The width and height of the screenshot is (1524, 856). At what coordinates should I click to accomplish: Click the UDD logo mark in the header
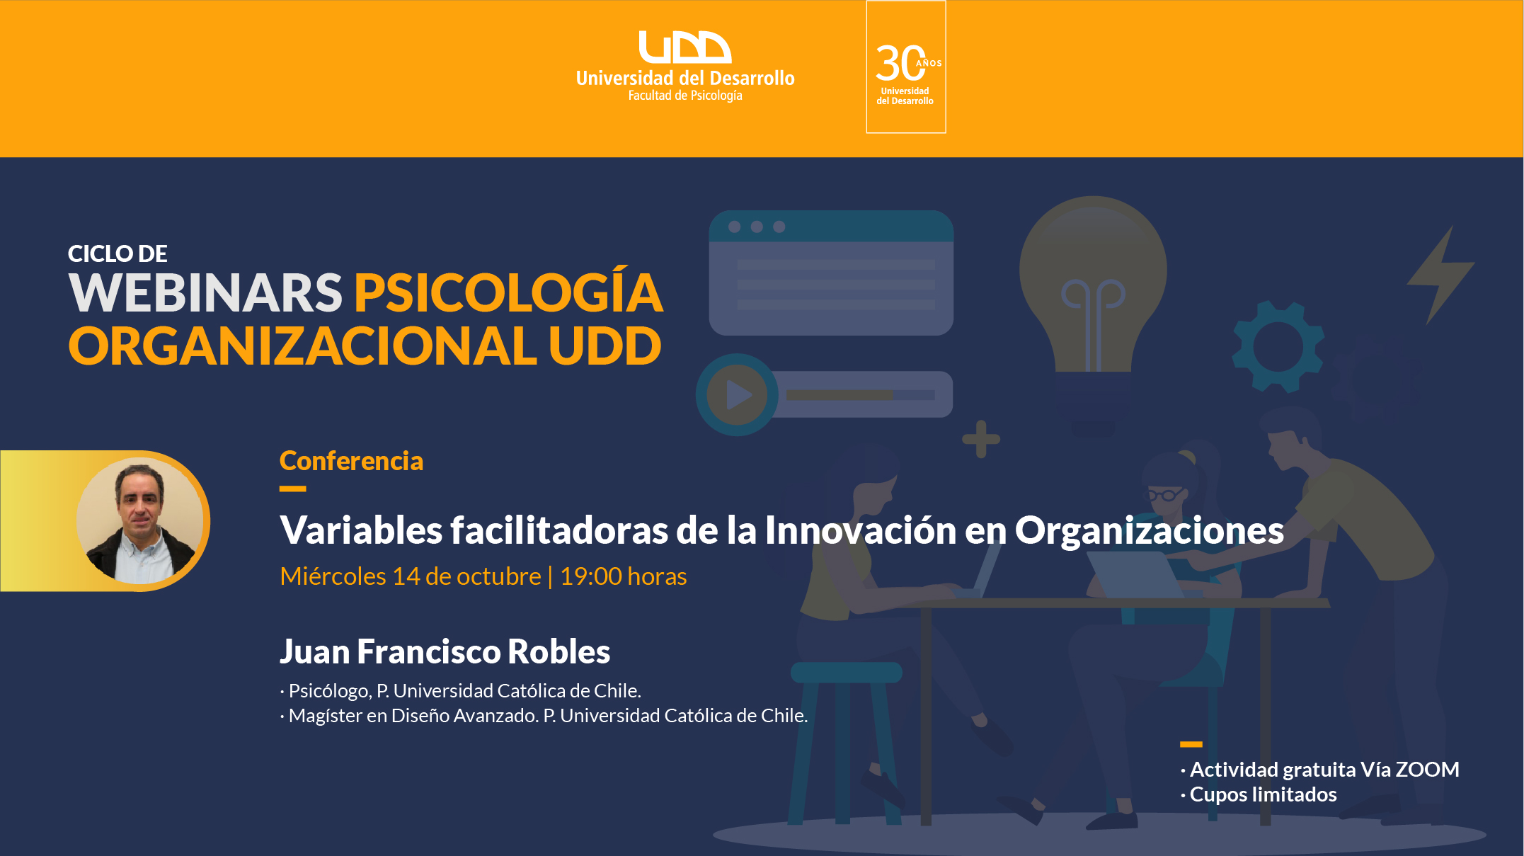click(x=684, y=47)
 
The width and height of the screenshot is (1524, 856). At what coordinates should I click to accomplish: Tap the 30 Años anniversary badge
click(x=906, y=67)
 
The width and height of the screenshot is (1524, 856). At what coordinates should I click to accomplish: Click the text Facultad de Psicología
click(x=685, y=96)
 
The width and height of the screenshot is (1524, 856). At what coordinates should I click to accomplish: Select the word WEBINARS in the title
click(x=205, y=292)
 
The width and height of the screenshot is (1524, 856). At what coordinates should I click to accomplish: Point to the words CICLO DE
click(x=118, y=253)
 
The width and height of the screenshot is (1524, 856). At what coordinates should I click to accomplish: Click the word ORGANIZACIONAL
click(x=303, y=346)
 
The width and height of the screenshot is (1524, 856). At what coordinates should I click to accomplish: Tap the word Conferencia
click(x=351, y=461)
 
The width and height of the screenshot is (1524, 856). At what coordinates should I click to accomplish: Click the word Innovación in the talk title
click(x=861, y=530)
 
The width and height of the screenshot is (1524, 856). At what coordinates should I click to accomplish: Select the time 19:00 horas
click(x=623, y=576)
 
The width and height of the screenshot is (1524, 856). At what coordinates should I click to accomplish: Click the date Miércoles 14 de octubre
click(x=411, y=576)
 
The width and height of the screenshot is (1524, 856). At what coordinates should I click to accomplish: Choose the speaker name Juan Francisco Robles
click(x=445, y=651)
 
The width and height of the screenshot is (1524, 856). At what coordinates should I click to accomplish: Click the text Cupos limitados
click(x=1263, y=794)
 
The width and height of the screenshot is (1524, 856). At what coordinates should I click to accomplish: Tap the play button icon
click(x=737, y=394)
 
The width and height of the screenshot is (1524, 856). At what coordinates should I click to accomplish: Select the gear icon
click(x=1278, y=347)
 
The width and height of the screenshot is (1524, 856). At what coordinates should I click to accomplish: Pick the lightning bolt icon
click(x=1440, y=276)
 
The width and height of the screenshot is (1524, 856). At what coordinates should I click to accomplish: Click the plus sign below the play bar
click(x=981, y=439)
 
